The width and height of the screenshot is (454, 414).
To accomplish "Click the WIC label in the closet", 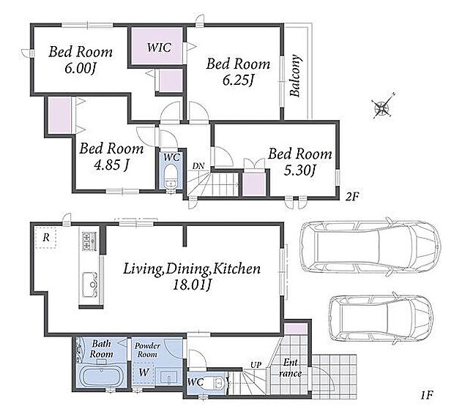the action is [159, 48].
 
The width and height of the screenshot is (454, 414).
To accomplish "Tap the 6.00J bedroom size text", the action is [81, 69].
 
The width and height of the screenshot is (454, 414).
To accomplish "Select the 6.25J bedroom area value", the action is [238, 80].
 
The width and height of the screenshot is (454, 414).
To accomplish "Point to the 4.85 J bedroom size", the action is [111, 165].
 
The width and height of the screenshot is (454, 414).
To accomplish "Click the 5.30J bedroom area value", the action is [299, 170].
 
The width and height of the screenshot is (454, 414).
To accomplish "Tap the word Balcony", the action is [296, 75].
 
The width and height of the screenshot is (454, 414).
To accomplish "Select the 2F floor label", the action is [352, 197].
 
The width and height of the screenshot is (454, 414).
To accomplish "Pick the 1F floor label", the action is [426, 394].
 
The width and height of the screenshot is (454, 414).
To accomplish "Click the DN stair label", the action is [198, 166].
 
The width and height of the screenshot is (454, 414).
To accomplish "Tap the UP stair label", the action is [256, 365].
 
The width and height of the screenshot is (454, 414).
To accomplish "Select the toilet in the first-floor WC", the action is [215, 383].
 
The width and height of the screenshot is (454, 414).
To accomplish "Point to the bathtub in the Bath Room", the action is [100, 377].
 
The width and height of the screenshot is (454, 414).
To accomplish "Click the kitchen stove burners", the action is [90, 241].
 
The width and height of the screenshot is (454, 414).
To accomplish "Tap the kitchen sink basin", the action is [90, 285].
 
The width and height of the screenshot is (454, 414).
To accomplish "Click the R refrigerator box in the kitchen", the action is [45, 238].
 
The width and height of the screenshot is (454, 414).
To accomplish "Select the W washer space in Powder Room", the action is [144, 372].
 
